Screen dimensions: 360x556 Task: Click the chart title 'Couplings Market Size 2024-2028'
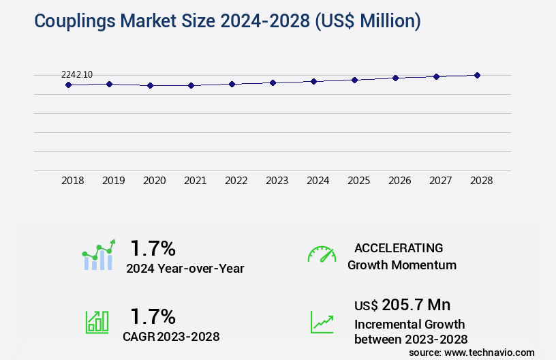(x=227, y=21)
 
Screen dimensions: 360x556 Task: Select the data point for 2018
(x=68, y=85)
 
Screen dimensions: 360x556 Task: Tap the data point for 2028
(x=477, y=75)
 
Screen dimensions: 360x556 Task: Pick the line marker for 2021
(x=191, y=85)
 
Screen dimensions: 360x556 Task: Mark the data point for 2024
(x=313, y=81)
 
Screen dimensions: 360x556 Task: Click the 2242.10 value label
(x=77, y=74)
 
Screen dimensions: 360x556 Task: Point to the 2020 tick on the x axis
(x=155, y=181)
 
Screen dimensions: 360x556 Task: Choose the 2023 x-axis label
(x=277, y=181)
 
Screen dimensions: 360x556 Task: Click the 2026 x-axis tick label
(x=400, y=181)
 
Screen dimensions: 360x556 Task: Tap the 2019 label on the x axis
(x=114, y=181)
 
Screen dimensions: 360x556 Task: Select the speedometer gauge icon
(x=322, y=254)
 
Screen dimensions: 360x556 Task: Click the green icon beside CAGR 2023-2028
(x=97, y=322)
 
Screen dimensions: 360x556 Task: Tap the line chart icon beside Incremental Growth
(x=322, y=322)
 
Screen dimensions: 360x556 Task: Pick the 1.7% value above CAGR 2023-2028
(x=153, y=316)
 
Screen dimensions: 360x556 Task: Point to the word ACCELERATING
(x=399, y=247)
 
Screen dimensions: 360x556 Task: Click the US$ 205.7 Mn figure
(x=403, y=304)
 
